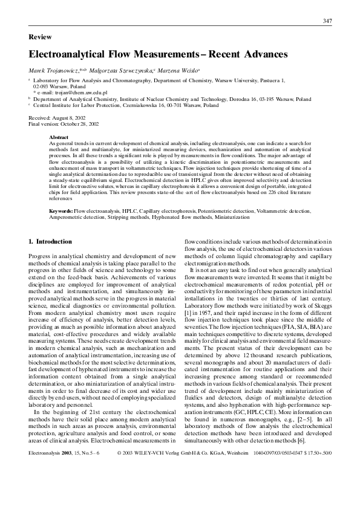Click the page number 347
point(327,21)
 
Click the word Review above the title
point(40,37)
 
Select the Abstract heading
point(59,137)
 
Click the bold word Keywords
point(61,211)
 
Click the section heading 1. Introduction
point(50,242)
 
